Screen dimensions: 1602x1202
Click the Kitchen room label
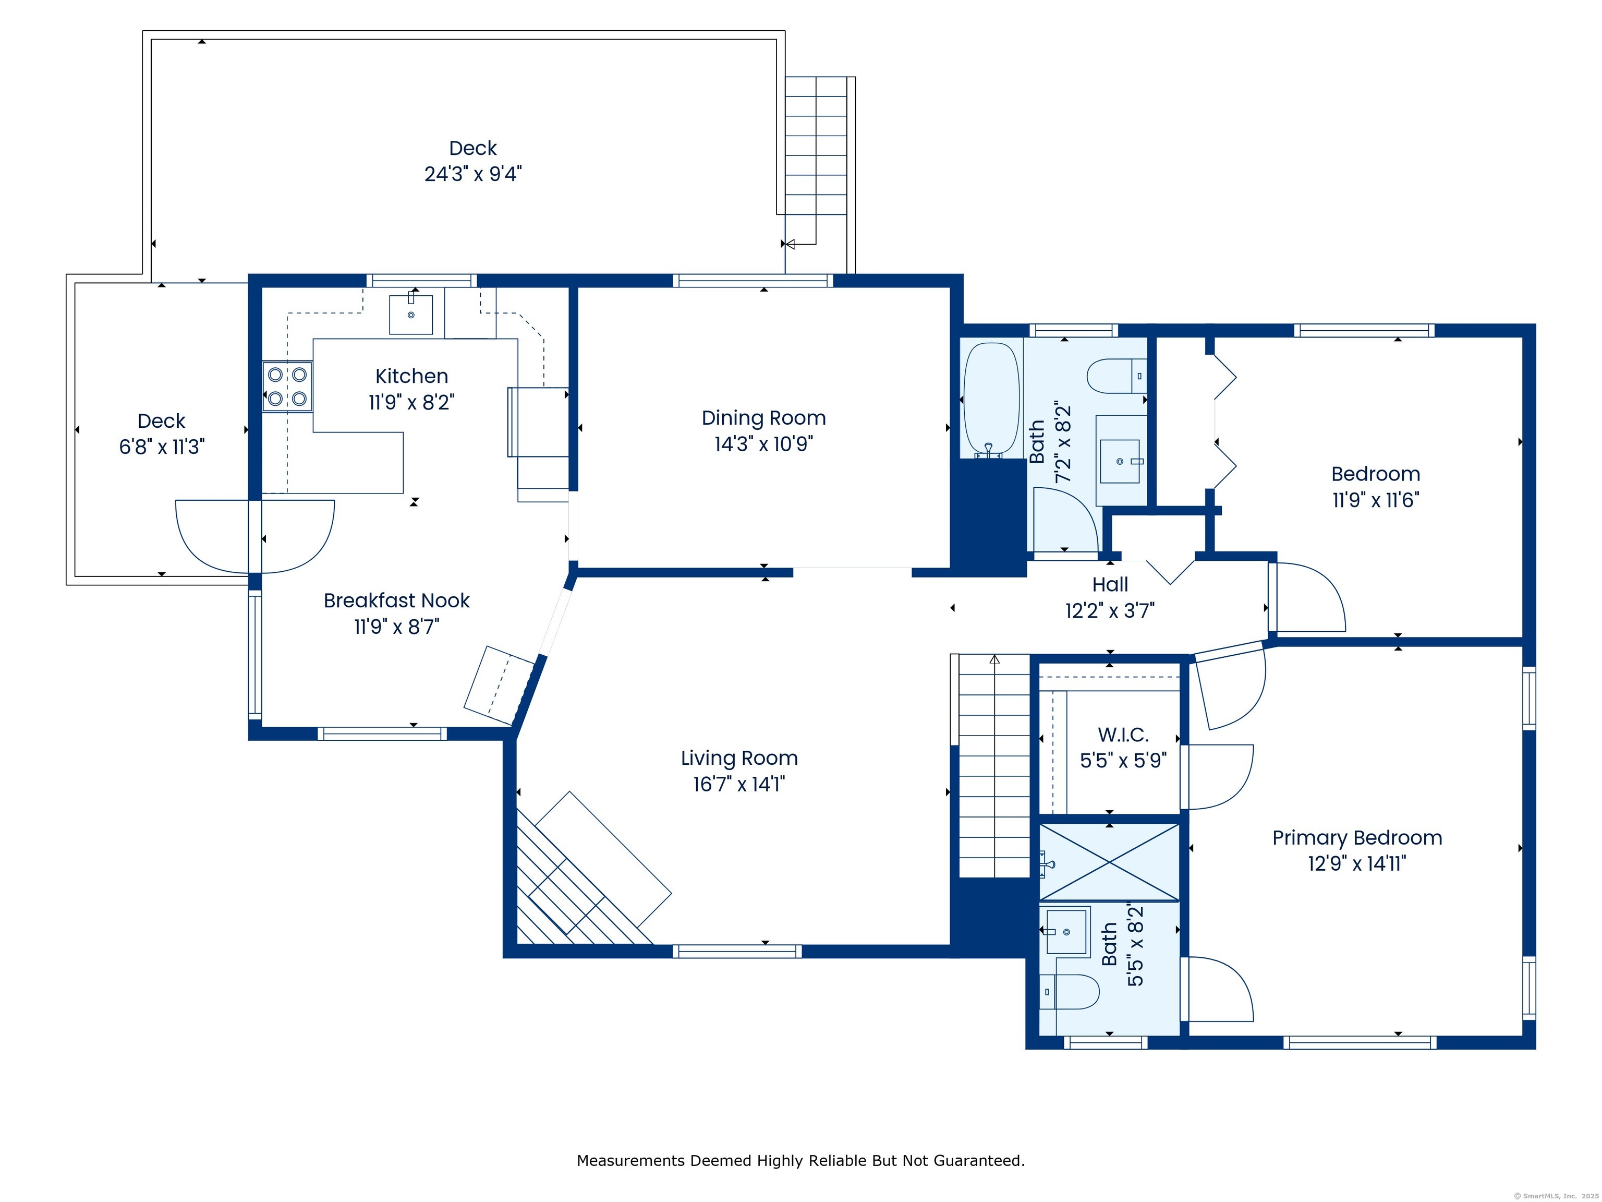[411, 376]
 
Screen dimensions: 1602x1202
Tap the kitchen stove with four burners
[287, 386]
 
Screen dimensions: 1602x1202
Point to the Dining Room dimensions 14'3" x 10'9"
[763, 443]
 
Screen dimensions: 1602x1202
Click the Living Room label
[739, 758]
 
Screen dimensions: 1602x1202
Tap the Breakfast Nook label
[396, 600]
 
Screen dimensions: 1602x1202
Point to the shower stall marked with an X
[1110, 863]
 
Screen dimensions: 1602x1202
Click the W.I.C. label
[1123, 735]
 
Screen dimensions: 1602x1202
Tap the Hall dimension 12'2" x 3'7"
[1110, 611]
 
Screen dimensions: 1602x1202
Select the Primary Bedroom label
[1357, 837]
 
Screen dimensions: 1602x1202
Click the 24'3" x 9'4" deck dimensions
[473, 174]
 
